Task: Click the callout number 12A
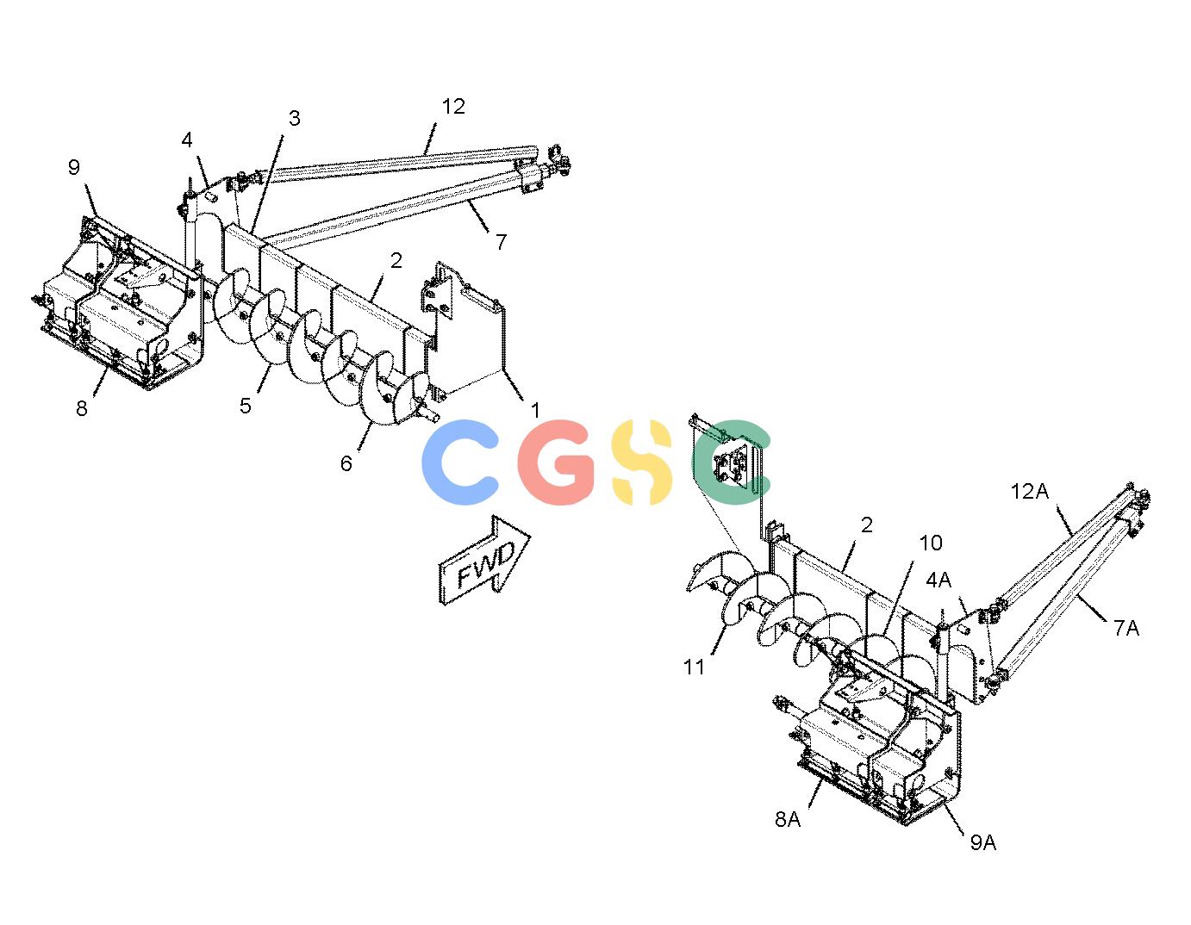pos(1029,492)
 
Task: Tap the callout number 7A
pos(1126,628)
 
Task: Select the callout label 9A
pos(982,842)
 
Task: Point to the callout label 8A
pos(788,819)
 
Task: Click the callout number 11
pos(694,667)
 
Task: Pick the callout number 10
pos(930,543)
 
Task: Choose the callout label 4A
pos(938,580)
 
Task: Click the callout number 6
pos(346,463)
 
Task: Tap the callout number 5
pos(245,406)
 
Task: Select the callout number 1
pos(535,410)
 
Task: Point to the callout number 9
pos(74,167)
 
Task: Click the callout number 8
pos(81,408)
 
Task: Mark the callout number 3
pos(295,118)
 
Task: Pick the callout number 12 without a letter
pos(453,106)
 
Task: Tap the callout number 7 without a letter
pos(501,241)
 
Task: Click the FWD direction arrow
pos(484,561)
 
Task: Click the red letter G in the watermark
pos(556,462)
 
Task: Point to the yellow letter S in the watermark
pos(641,462)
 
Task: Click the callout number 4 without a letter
pos(187,140)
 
